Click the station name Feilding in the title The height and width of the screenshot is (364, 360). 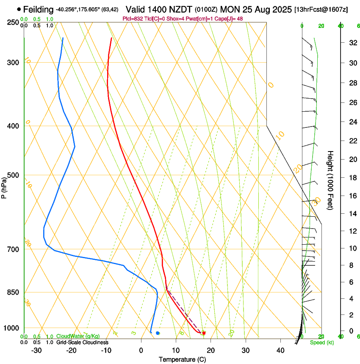click(39, 9)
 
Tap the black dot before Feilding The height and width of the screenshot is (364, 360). click(19, 9)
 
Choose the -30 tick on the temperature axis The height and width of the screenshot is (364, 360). click(36, 350)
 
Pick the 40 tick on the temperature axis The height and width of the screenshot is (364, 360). click(280, 350)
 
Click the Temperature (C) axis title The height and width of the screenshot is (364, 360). click(182, 360)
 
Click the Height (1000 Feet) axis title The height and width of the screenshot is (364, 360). click(331, 180)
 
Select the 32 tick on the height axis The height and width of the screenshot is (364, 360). click(352, 42)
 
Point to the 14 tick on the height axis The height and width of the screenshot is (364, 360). click(352, 214)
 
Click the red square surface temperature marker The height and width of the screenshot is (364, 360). click(204, 334)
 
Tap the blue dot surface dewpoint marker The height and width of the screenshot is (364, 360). click(158, 333)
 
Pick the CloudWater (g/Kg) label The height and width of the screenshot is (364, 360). click(78, 336)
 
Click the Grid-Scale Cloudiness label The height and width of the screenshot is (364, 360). click(82, 342)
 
